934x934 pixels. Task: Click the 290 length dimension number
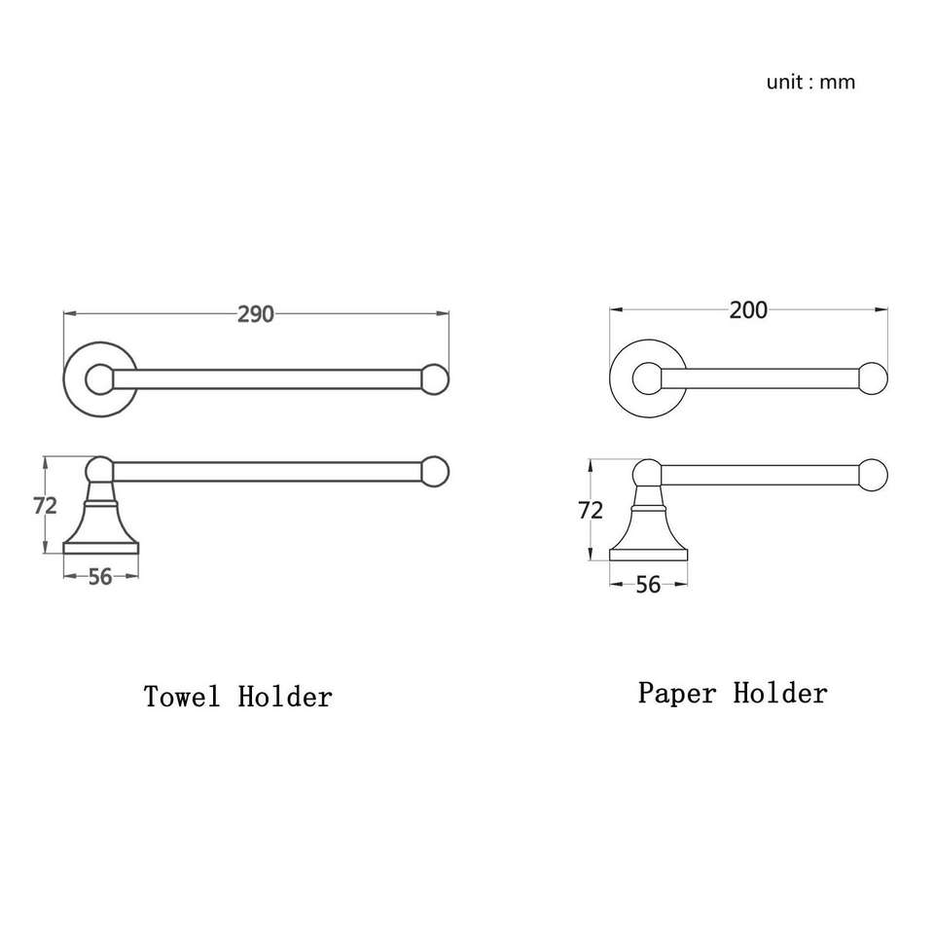click(256, 313)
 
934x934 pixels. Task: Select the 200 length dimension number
click(748, 310)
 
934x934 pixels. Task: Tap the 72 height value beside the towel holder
click(46, 505)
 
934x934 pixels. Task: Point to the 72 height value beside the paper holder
click(591, 510)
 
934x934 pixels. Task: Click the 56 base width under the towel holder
click(100, 577)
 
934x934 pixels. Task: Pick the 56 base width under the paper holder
click(648, 584)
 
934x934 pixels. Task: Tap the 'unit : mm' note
click(810, 82)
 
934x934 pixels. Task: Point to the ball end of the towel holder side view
click(435, 471)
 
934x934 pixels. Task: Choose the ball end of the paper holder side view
click(874, 474)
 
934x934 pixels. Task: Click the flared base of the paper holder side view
click(648, 538)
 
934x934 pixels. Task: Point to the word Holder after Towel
click(285, 697)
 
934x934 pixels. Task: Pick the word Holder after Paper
click(780, 694)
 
